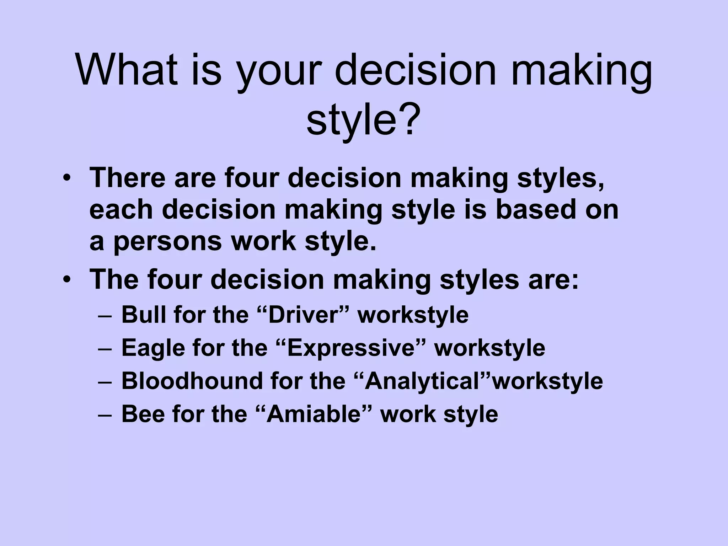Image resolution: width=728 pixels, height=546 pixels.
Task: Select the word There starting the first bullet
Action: coord(127,178)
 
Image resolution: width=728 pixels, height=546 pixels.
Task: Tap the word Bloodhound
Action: coord(191,381)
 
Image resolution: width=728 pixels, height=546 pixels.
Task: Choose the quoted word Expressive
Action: coord(350,348)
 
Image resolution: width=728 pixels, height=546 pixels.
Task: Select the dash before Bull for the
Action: coord(105,315)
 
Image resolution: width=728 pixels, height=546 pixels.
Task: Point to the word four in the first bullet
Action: coord(251,178)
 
